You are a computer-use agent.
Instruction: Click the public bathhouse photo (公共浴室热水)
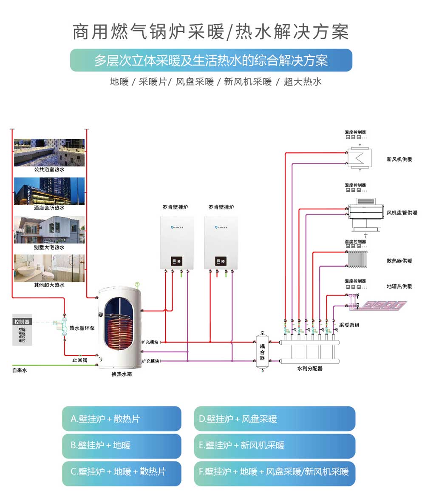pos(49,152)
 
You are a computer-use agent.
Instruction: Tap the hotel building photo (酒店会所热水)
pos(49,191)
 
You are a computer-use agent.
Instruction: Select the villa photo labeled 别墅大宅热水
pos(49,230)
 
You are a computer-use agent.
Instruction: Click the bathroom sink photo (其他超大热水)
pos(49,268)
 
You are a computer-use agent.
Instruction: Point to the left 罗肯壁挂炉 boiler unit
pos(177,242)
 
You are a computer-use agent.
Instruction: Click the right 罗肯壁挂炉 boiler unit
pos(221,242)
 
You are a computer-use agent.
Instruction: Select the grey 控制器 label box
pos(22,321)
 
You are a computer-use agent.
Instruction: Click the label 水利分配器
pos(309,369)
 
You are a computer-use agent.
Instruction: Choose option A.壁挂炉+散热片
pos(122,419)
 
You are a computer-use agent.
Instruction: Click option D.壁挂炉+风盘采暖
pos(274,419)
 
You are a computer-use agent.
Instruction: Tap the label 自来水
pos(19,371)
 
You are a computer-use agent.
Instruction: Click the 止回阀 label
pos(79,360)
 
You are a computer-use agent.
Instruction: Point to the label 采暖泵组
pos(349,325)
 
